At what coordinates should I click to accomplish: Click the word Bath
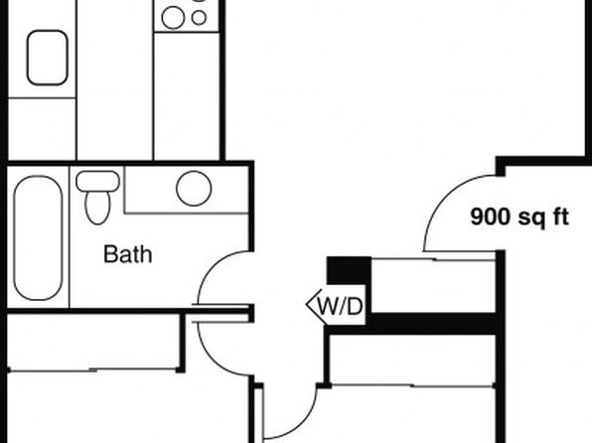click(128, 254)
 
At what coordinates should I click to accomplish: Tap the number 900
click(490, 217)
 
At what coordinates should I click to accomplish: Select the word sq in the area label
click(531, 219)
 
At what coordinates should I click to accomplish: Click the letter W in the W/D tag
click(328, 306)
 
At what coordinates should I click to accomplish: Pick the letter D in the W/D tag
click(355, 306)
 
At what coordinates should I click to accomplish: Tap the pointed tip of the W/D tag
click(307, 304)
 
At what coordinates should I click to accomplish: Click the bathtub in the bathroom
click(38, 238)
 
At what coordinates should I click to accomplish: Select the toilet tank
click(97, 182)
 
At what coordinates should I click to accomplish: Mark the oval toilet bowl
click(97, 208)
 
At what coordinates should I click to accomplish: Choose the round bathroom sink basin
click(194, 189)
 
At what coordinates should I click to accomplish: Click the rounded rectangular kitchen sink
click(48, 58)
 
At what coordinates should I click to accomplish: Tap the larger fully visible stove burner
click(173, 17)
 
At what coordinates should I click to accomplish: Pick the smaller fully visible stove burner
click(199, 17)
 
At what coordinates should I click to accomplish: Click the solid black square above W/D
click(349, 270)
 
